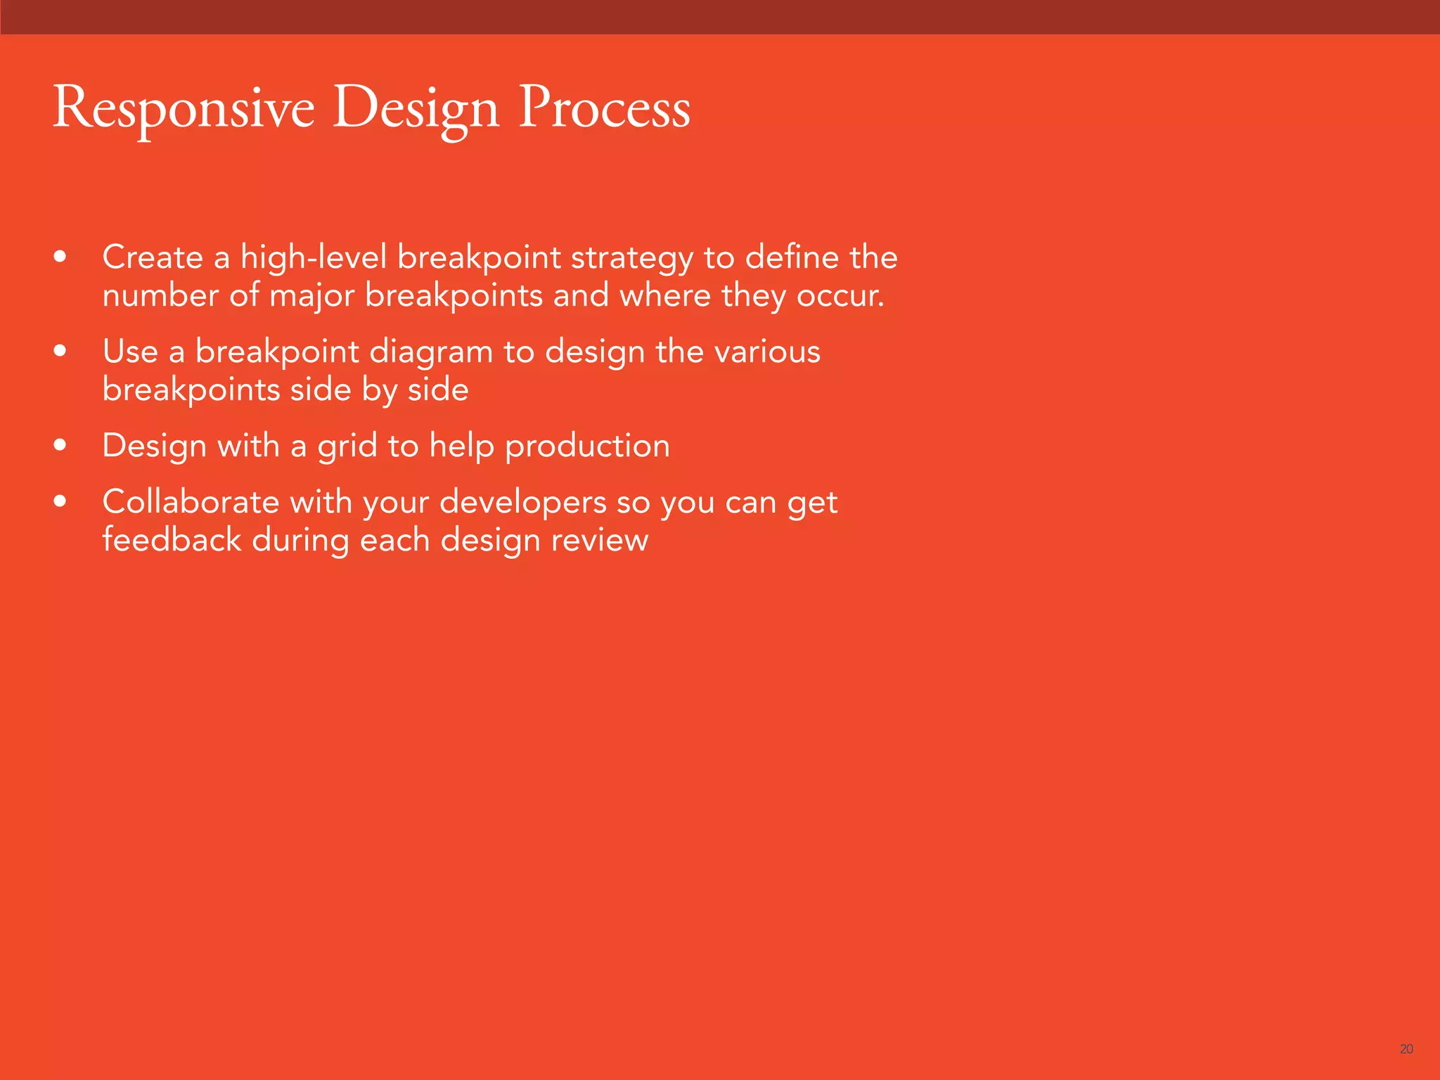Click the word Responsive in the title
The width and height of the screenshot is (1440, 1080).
click(183, 109)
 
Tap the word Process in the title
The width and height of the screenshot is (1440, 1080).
click(604, 109)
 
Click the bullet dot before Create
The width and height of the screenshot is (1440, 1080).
click(60, 257)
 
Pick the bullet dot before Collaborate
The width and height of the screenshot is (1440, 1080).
click(60, 502)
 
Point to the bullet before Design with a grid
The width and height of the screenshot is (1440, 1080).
click(60, 446)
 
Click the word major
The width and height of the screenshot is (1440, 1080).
click(311, 296)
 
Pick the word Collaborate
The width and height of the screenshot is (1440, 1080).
click(191, 502)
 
